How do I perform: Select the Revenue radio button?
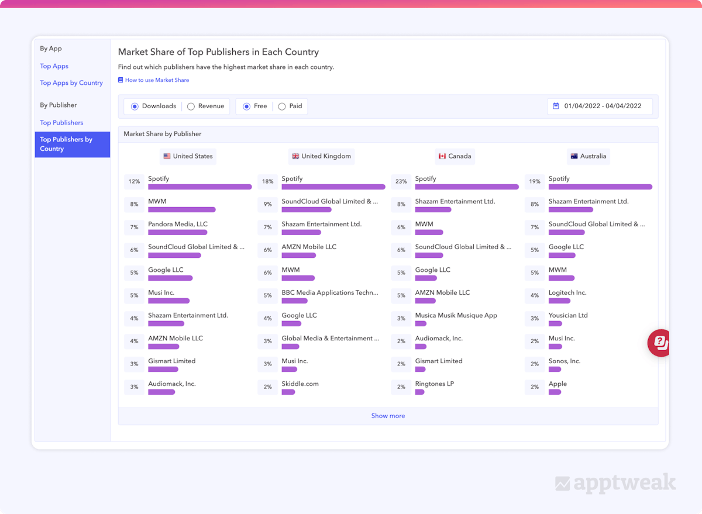click(x=191, y=106)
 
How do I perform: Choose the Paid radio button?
click(x=282, y=106)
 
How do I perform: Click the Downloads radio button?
click(x=135, y=106)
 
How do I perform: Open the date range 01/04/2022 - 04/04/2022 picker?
click(x=600, y=106)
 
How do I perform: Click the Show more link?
click(x=388, y=416)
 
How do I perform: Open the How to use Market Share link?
click(x=157, y=80)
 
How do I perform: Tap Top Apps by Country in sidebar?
click(x=71, y=83)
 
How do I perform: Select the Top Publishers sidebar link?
click(x=61, y=123)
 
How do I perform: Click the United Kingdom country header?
click(x=321, y=156)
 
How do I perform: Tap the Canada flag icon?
click(x=442, y=156)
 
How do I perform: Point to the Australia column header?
click(x=588, y=156)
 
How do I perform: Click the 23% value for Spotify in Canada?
click(x=401, y=182)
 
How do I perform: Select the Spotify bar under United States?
click(x=199, y=187)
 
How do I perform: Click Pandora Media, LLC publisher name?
click(x=178, y=224)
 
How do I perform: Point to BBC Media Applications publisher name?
click(x=330, y=292)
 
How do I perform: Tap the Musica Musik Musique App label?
click(x=456, y=315)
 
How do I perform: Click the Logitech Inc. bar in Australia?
click(x=559, y=301)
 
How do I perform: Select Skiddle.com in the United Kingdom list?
click(x=300, y=384)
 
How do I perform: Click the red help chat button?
click(x=659, y=343)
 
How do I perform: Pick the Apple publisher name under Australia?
click(x=558, y=384)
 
